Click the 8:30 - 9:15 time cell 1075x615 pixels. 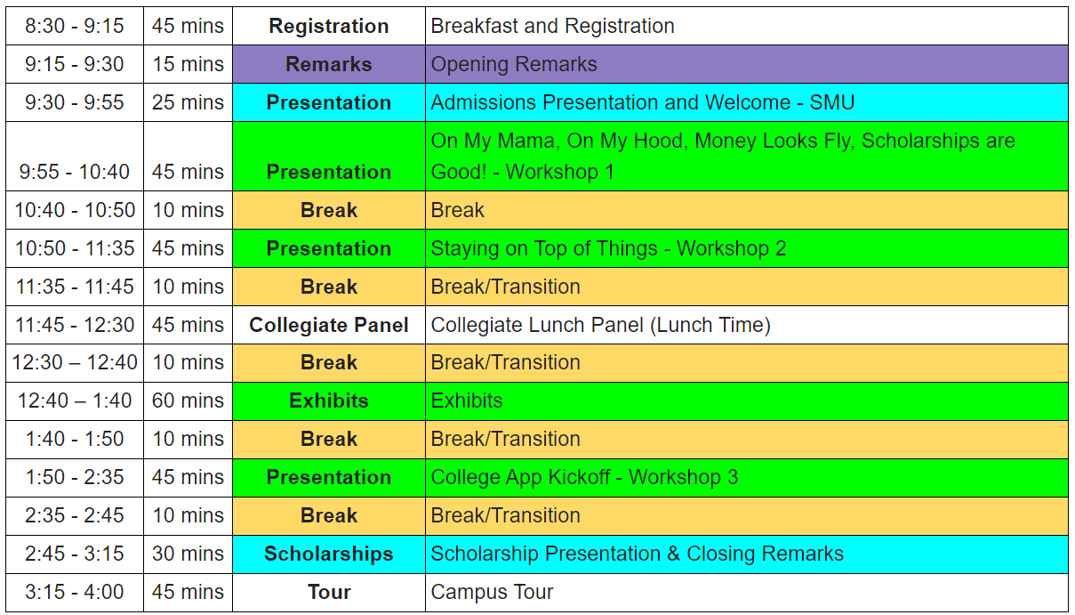coord(75,26)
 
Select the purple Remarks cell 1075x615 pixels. coord(329,64)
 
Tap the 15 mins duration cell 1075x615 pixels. coord(188,64)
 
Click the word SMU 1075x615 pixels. coord(831,102)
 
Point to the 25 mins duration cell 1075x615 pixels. coord(188,102)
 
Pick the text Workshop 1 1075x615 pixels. coord(560,172)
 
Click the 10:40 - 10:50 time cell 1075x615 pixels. coord(75,210)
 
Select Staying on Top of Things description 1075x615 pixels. coord(608,248)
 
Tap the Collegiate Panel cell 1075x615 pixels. coord(329,325)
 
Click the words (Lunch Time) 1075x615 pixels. coord(710,325)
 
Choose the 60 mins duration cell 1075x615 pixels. coord(188,401)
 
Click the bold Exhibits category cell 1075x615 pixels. coord(329,401)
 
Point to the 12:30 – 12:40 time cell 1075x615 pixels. coord(75,363)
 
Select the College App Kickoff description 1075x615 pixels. coord(584,477)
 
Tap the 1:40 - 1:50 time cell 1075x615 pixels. coord(75,439)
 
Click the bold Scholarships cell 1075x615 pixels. coord(329,554)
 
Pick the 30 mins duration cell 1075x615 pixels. coord(188,554)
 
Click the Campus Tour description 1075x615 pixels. coord(492,592)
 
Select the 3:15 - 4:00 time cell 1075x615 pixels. coord(75,592)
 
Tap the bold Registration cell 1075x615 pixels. coord(329,26)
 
